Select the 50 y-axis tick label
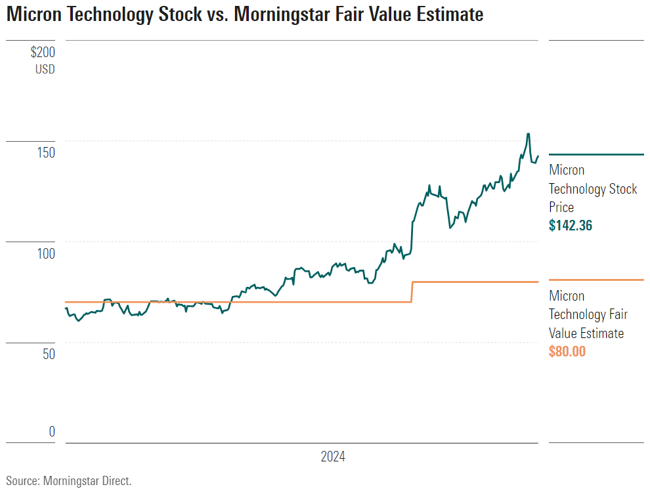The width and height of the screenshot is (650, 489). [47, 354]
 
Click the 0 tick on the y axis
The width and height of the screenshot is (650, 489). [52, 432]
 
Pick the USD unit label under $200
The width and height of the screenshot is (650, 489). [45, 69]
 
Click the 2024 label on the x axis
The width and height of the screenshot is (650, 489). [333, 457]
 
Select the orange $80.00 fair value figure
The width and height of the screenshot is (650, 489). [567, 352]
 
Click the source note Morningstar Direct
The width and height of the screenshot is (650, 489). [87, 480]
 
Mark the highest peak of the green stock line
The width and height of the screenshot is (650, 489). [528, 134]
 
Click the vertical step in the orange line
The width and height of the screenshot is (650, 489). [412, 292]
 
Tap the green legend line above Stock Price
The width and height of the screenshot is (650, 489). [596, 154]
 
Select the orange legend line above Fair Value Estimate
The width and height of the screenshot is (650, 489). [596, 280]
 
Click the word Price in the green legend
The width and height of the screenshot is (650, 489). [561, 207]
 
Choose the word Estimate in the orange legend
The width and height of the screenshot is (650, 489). [599, 333]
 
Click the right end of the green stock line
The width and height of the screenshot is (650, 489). [538, 156]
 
